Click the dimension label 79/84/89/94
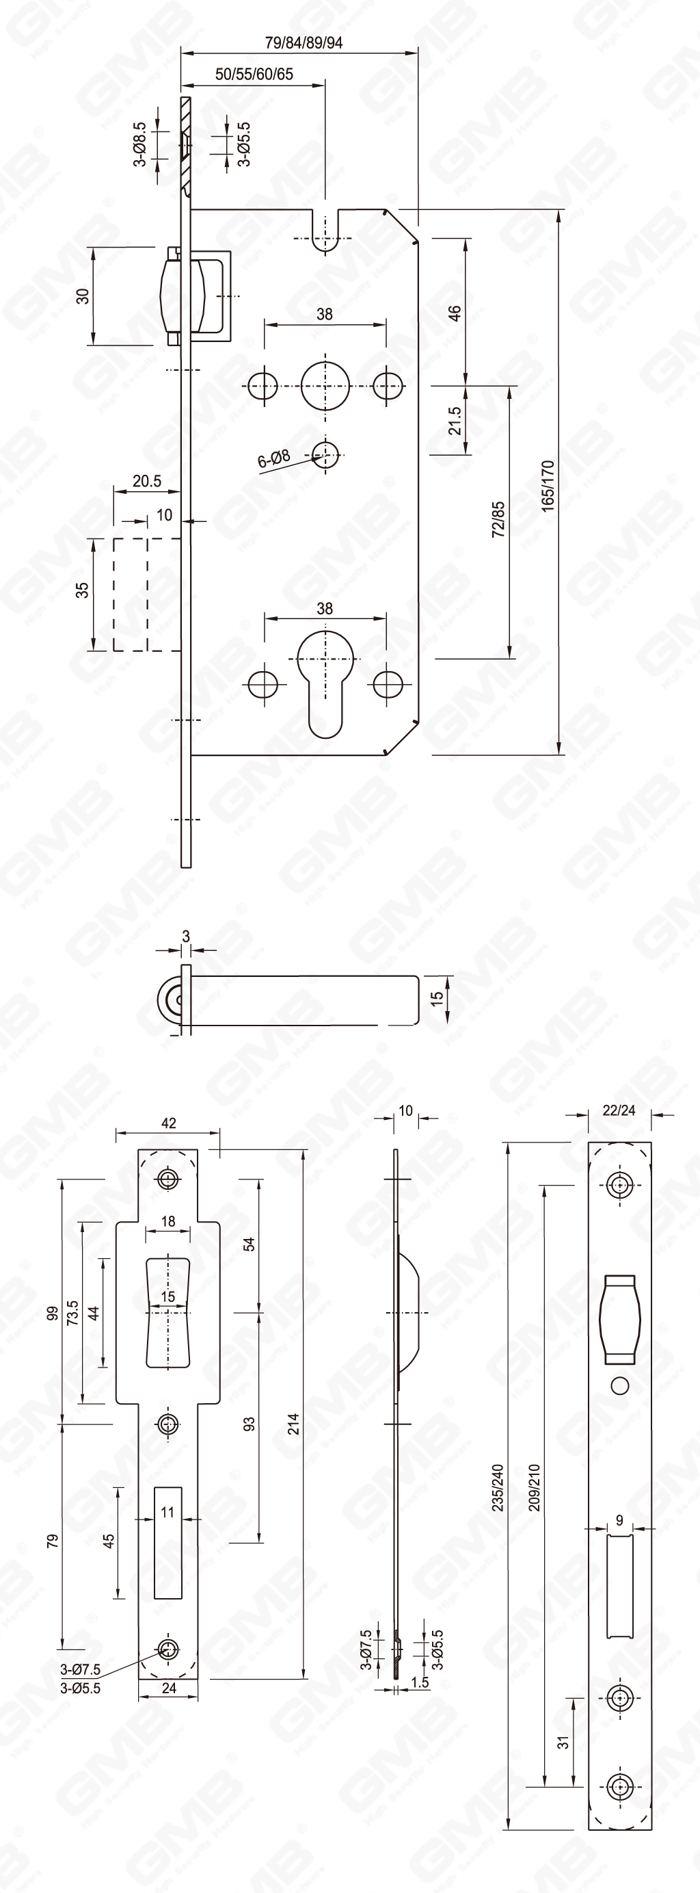[304, 42]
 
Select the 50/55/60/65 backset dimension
[254, 74]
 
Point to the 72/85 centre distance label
[498, 519]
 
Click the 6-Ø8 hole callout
[274, 458]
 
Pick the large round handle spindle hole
[325, 386]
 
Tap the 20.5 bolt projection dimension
[147, 482]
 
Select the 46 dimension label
[455, 313]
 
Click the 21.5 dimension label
[455, 421]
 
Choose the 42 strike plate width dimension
[168, 1123]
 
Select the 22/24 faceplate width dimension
[619, 1110]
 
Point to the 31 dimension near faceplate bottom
[563, 1743]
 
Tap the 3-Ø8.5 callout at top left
[139, 144]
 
